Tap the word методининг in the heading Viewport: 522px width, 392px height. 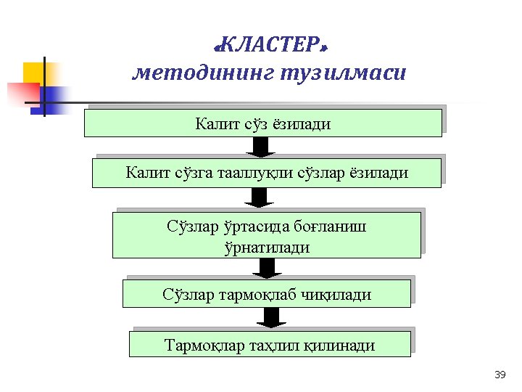click(200, 73)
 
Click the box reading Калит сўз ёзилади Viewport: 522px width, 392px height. click(262, 123)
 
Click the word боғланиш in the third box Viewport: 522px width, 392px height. click(330, 226)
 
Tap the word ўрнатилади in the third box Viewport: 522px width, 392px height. click(267, 247)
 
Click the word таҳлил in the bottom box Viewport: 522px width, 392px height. click(263, 345)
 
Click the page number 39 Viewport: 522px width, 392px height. click(499, 375)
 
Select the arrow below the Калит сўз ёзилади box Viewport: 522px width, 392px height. click(262, 147)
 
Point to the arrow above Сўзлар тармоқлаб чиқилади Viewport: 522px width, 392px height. click(268, 268)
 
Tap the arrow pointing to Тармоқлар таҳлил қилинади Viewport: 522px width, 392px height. click(270, 317)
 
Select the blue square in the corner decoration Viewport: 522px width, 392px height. click(55, 97)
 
